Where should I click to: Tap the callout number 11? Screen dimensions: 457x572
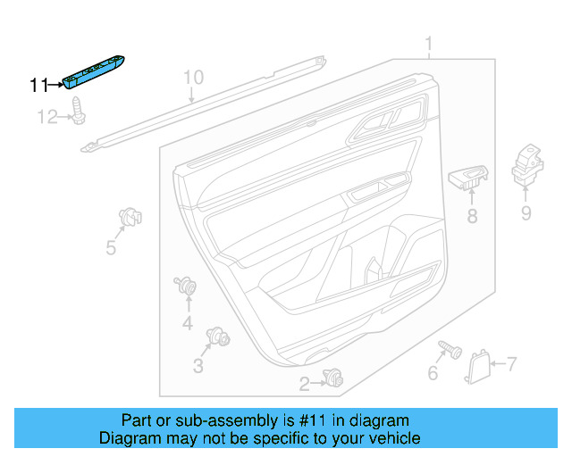38,85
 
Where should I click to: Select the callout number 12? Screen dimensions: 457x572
46,116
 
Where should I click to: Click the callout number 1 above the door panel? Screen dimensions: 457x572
428,44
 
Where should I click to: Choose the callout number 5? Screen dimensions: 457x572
111,247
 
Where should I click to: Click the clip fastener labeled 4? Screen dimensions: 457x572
186,287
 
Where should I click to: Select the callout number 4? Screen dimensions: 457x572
188,323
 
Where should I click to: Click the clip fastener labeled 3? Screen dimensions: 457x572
217,337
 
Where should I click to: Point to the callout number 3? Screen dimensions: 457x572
198,366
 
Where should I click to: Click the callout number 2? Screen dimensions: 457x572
304,384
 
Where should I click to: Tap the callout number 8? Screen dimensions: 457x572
472,215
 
